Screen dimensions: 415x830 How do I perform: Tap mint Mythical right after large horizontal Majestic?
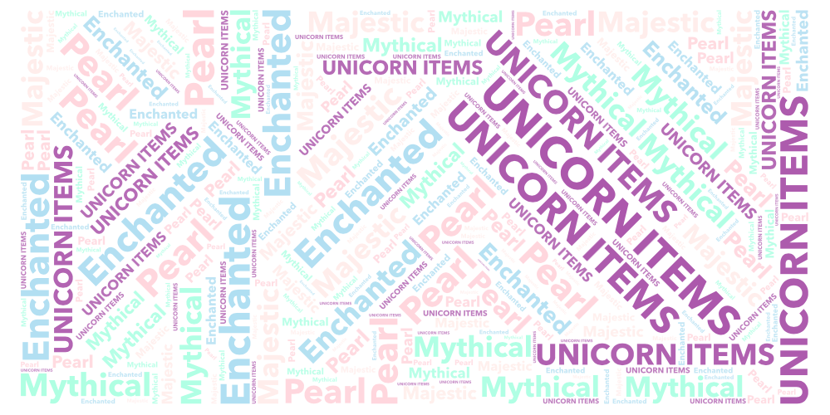471,17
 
